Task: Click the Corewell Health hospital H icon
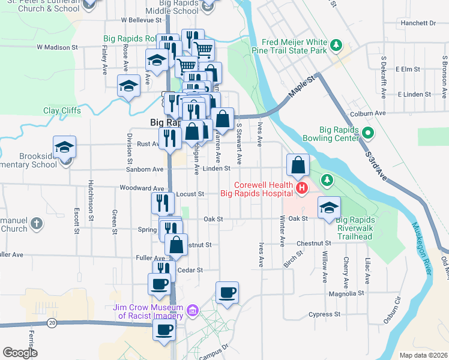click(x=301, y=190)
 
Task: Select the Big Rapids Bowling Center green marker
click(x=369, y=133)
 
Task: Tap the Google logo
click(x=20, y=353)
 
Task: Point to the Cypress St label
click(x=324, y=314)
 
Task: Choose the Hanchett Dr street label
click(x=418, y=23)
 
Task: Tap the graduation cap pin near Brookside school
click(x=65, y=146)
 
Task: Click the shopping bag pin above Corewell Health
click(x=298, y=164)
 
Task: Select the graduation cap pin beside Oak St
click(x=329, y=208)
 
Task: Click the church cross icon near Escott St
click(x=37, y=224)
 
